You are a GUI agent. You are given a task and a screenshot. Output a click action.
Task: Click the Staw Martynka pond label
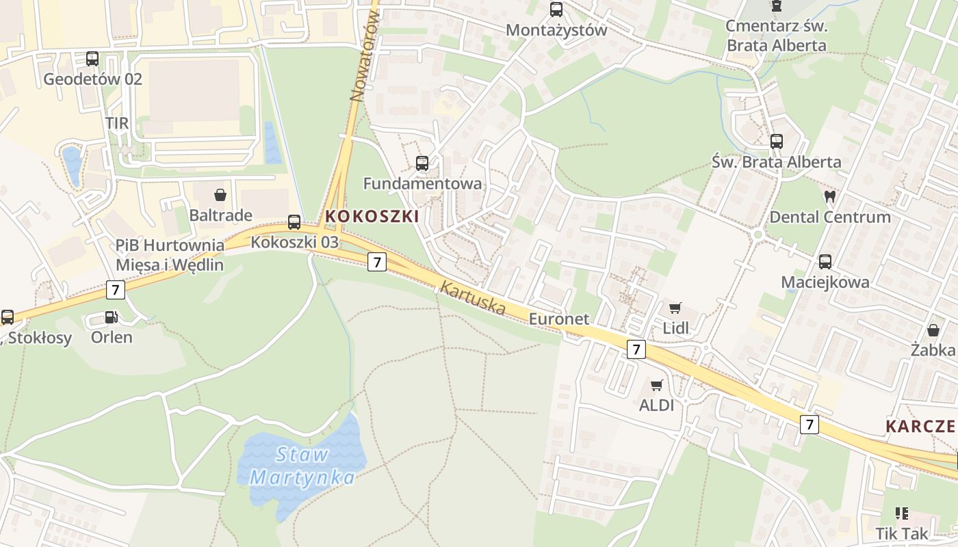click(x=303, y=466)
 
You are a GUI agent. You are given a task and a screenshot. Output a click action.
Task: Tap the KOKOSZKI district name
click(x=372, y=216)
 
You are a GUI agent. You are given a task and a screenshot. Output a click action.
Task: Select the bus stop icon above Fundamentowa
click(x=422, y=163)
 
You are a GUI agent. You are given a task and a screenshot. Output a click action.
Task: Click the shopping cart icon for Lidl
click(x=675, y=308)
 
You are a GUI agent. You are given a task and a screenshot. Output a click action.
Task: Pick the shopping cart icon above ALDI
click(x=657, y=386)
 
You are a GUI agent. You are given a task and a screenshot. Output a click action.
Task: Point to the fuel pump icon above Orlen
click(x=111, y=317)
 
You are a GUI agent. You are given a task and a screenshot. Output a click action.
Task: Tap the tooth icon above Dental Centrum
click(x=830, y=197)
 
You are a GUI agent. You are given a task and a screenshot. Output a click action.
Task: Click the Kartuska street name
click(x=473, y=299)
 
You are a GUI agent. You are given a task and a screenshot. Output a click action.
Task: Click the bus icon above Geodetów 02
click(x=92, y=59)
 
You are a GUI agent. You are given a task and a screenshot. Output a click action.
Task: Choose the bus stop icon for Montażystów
click(x=556, y=10)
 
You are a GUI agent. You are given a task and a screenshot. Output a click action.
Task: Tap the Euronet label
click(x=559, y=319)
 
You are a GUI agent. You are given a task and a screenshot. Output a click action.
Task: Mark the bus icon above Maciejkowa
click(x=825, y=261)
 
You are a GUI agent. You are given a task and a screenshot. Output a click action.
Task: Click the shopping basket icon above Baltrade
click(x=220, y=195)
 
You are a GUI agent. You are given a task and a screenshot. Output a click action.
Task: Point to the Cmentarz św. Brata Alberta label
click(x=776, y=36)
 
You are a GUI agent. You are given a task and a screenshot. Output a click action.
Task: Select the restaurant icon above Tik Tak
click(x=902, y=513)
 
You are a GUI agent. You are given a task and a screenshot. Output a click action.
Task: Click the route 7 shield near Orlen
click(x=116, y=290)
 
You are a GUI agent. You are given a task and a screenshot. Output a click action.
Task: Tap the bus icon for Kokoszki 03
click(x=294, y=222)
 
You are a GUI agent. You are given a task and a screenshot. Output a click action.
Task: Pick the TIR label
click(x=117, y=123)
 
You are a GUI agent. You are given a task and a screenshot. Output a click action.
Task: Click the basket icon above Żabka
click(x=933, y=330)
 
